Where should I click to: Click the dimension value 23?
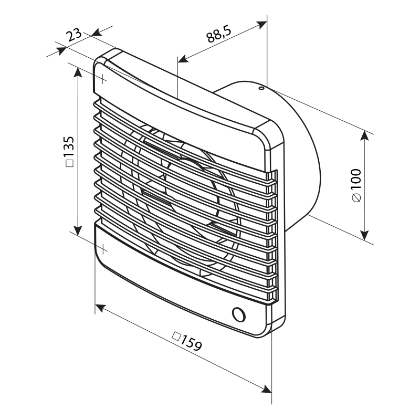tap(73, 35)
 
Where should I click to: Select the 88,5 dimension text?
tap(219, 34)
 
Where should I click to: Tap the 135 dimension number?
tap(69, 147)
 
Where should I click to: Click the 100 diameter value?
tap(356, 180)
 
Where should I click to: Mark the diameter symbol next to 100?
tap(356, 198)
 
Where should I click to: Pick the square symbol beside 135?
tap(70, 163)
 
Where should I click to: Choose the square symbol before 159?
tap(176, 335)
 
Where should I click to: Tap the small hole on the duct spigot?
tap(261, 88)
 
